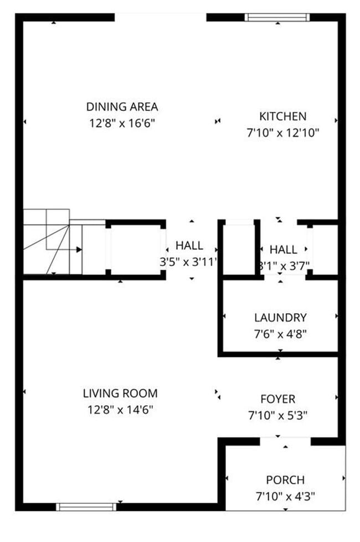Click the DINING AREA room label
(122, 106)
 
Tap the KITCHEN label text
(282, 116)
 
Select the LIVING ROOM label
(120, 393)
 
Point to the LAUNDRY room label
(280, 318)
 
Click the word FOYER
(277, 399)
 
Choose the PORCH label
(285, 480)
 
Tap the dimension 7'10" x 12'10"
(282, 133)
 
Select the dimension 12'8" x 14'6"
(120, 410)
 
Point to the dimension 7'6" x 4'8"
(280, 334)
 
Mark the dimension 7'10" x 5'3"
(277, 415)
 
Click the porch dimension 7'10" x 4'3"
(285, 496)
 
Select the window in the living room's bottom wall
(86, 506)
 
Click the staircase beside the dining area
(53, 243)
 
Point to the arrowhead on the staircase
(79, 249)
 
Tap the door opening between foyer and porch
(285, 441)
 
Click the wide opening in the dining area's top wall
(161, 17)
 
